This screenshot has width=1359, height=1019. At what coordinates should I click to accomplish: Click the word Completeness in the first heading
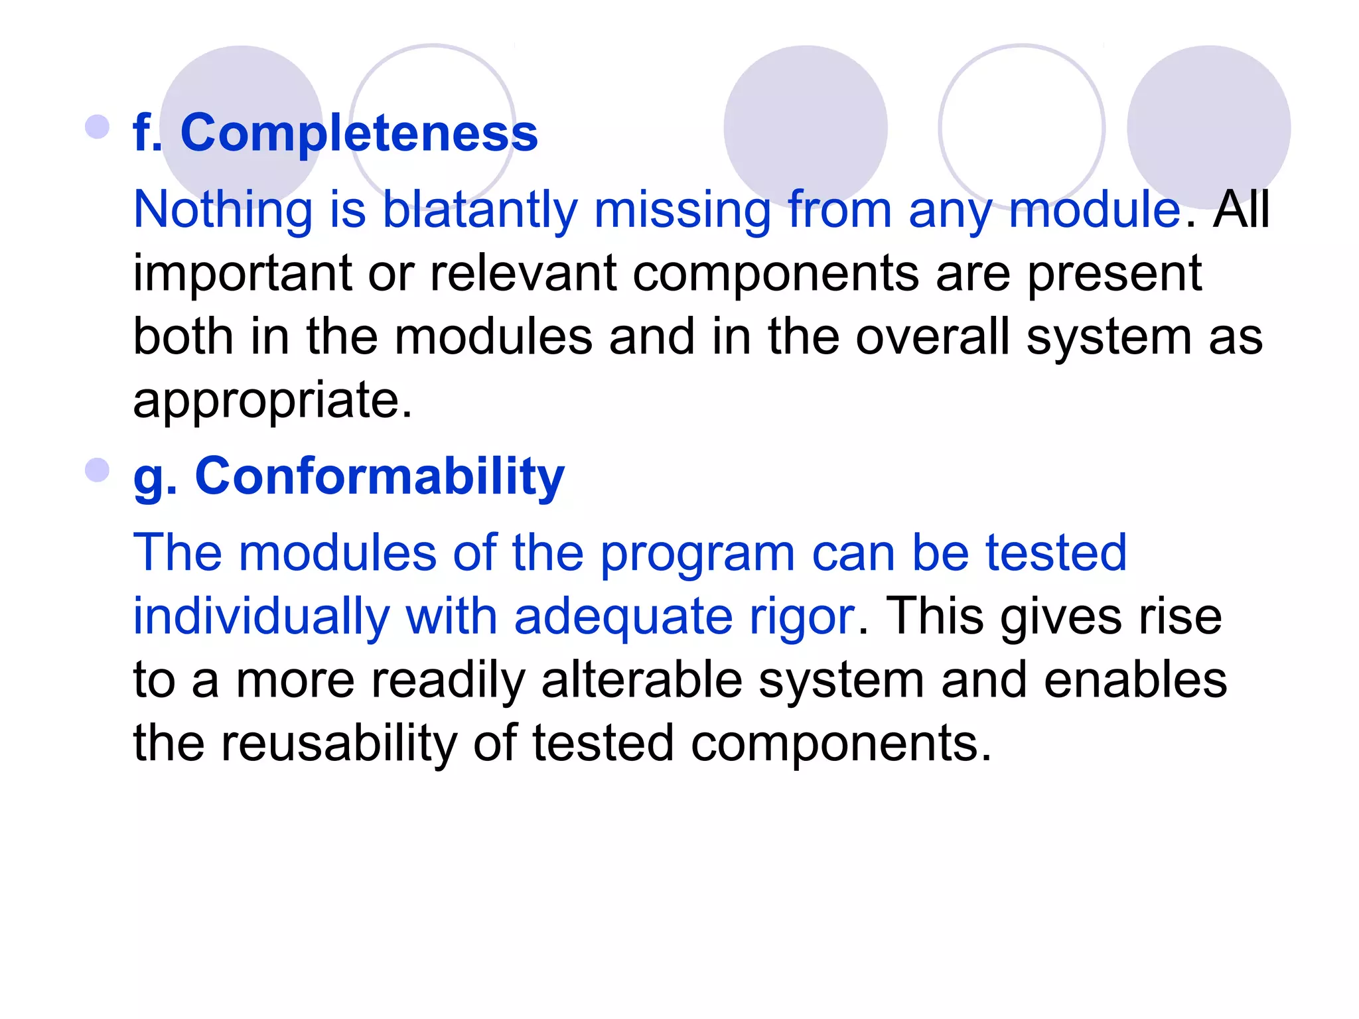(x=359, y=134)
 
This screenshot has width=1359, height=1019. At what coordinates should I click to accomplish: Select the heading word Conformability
(x=379, y=477)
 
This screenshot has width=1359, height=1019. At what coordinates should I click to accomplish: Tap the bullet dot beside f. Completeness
(x=98, y=127)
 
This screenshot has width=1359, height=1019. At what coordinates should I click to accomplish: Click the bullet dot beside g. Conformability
(x=98, y=470)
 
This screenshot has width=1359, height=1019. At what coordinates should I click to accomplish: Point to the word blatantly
(x=480, y=210)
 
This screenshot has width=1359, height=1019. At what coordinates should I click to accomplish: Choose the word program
(x=697, y=554)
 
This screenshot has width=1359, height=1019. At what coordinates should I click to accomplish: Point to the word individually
(x=261, y=617)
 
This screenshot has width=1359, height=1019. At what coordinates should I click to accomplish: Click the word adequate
(x=623, y=617)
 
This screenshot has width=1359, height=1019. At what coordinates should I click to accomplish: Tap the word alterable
(x=642, y=681)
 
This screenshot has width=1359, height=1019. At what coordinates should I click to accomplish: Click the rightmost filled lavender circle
(x=1208, y=127)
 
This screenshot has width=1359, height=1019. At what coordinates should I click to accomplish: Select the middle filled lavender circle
(x=806, y=127)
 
